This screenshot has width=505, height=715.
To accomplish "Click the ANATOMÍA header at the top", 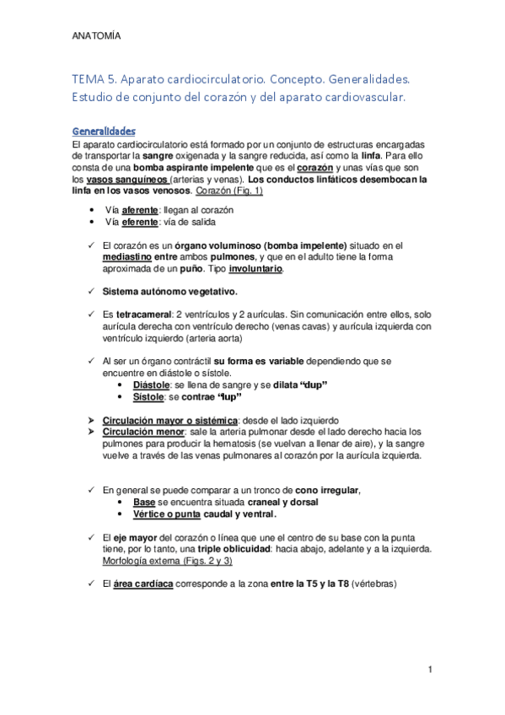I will pos(96,37).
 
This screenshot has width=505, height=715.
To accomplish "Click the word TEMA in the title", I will pos(89,78).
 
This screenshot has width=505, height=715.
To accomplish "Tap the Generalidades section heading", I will pos(105,132).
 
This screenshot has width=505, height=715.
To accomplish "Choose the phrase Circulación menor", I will pos(141,431).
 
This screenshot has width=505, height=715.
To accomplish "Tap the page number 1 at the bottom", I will pos(430,670).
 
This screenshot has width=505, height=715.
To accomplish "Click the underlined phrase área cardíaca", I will pos(143,583).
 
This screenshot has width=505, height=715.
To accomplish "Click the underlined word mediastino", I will pos(130,256).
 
